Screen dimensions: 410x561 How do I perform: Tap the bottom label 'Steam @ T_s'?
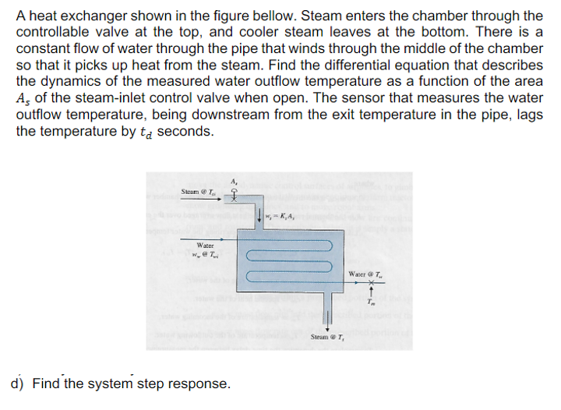coord(328,337)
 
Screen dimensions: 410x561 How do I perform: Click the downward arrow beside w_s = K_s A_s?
coord(258,216)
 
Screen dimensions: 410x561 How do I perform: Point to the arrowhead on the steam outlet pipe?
coord(328,326)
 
